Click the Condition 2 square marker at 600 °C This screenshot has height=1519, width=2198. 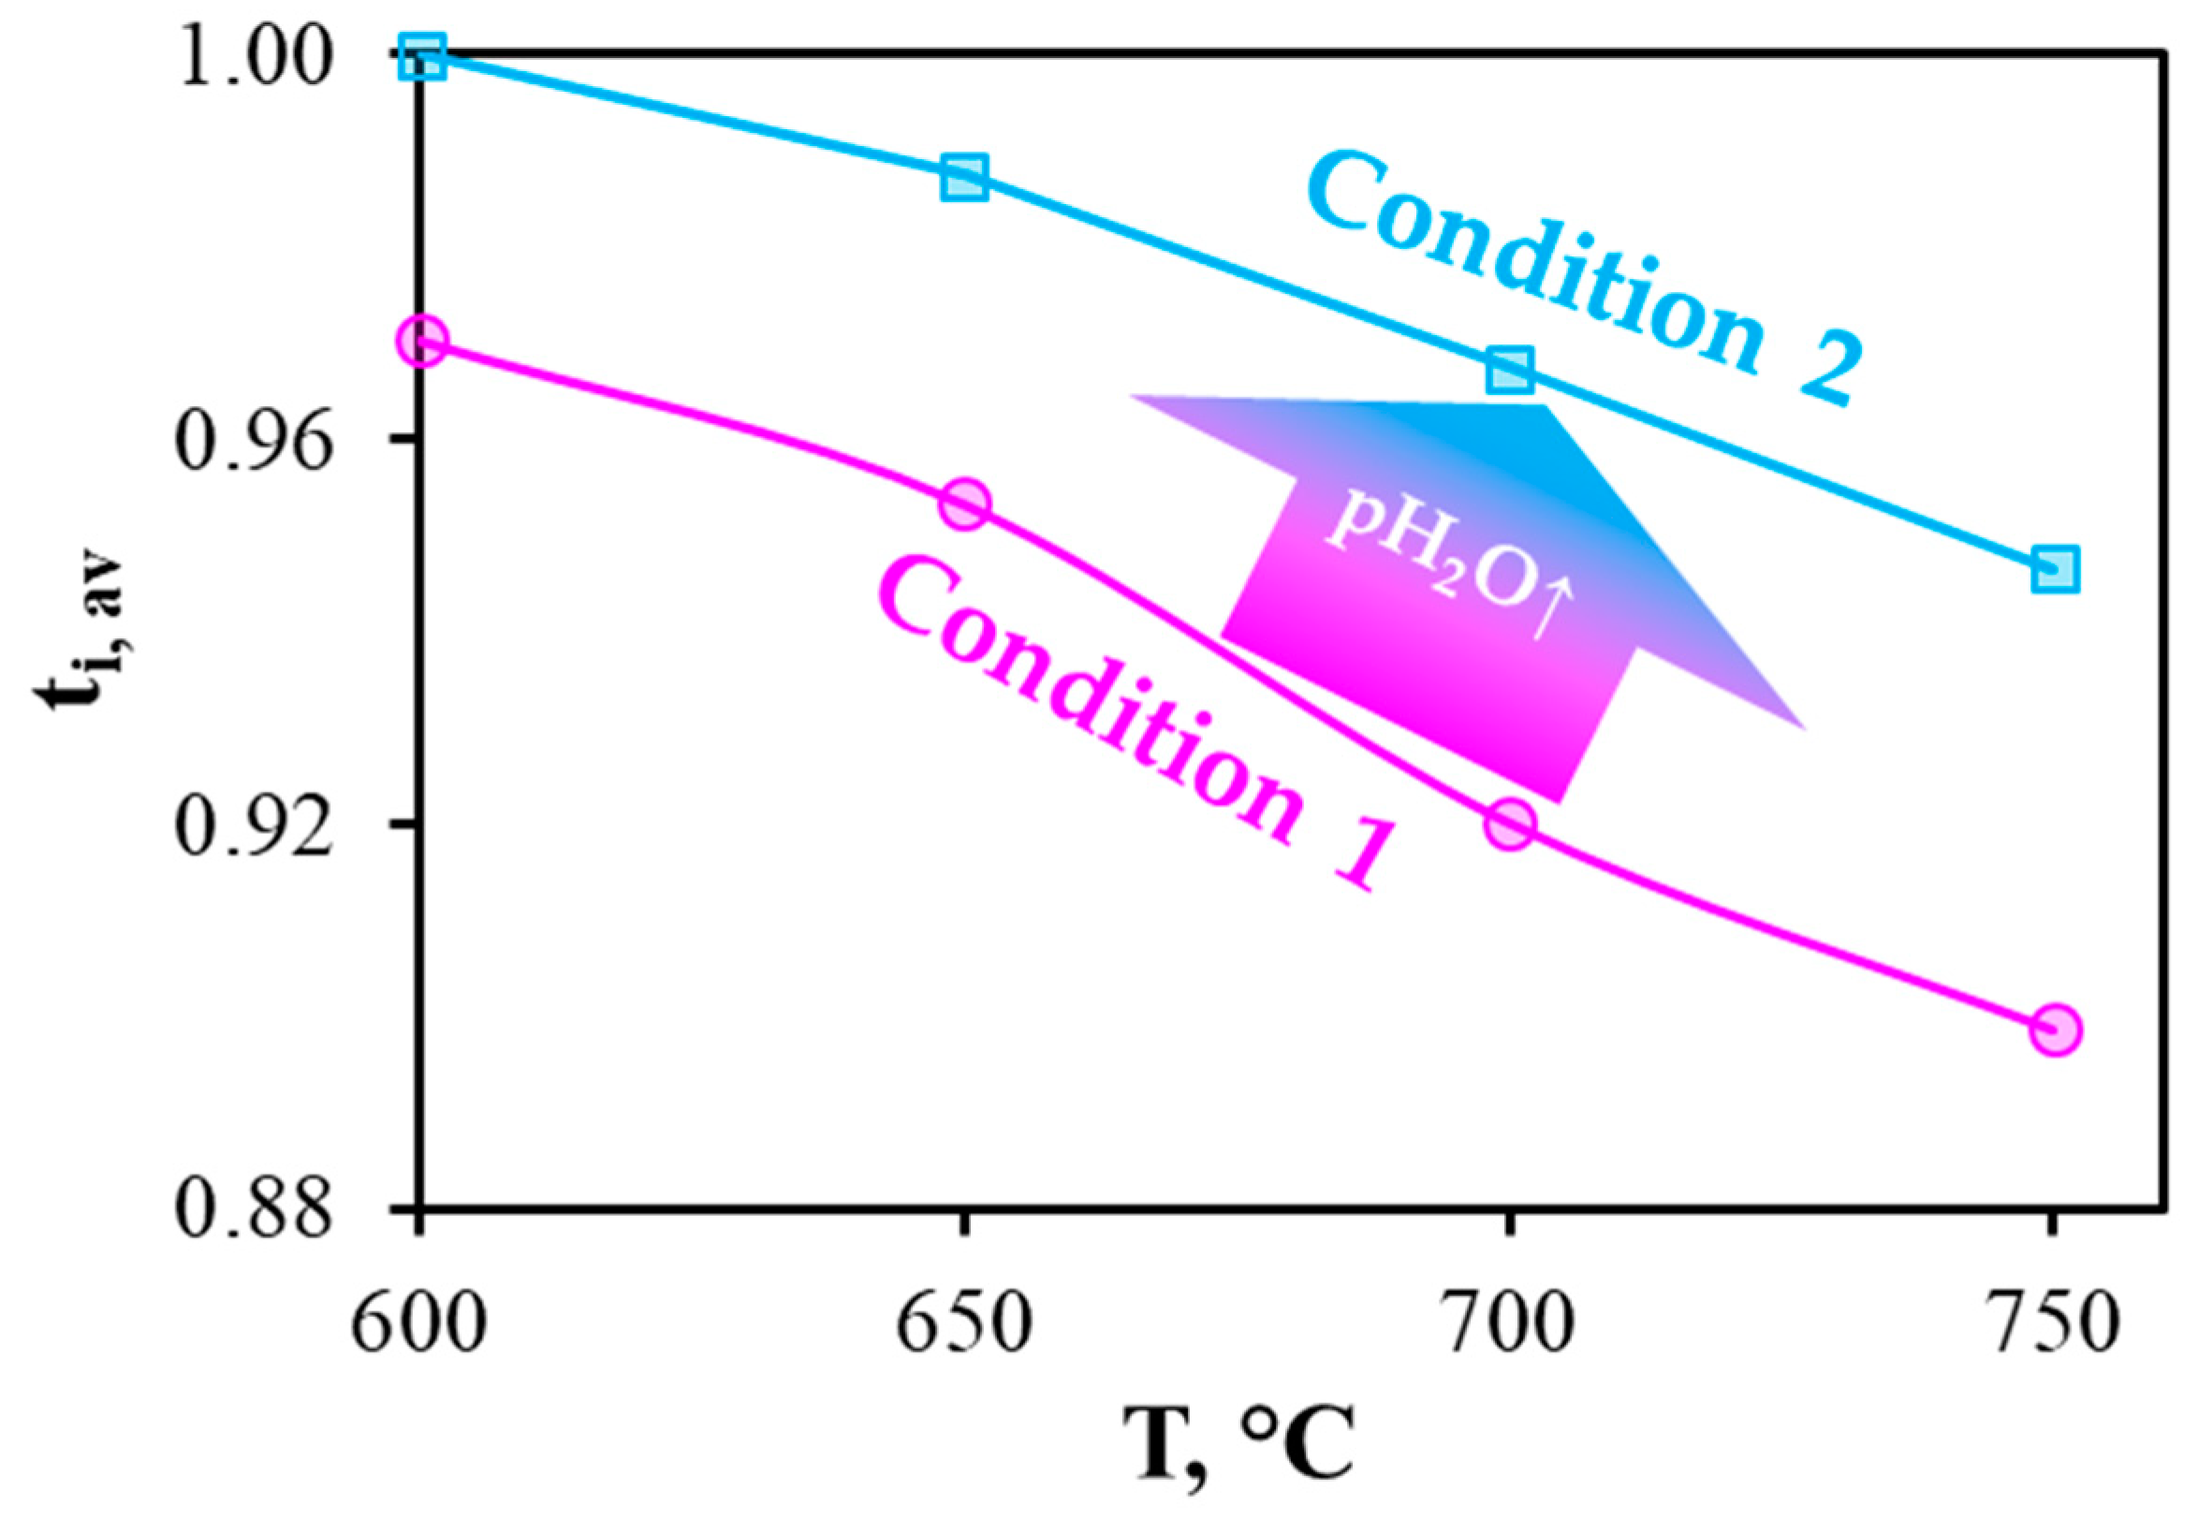pyautogui.click(x=421, y=57)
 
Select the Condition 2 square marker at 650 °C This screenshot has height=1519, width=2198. pyautogui.click(x=964, y=177)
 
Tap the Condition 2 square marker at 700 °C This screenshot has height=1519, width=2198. pyautogui.click(x=1510, y=371)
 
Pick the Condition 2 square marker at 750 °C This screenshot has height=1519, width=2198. pyautogui.click(x=2054, y=570)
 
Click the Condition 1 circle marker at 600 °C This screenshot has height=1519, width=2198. pyautogui.click(x=421, y=342)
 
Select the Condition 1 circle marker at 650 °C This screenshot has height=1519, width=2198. pyautogui.click(x=964, y=504)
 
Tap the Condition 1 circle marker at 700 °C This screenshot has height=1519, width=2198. pyautogui.click(x=1510, y=824)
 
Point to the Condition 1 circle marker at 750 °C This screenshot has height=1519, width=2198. pyautogui.click(x=2054, y=1030)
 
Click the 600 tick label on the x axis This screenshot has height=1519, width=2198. pyautogui.click(x=418, y=1324)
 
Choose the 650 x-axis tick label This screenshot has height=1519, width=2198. pyautogui.click(x=964, y=1324)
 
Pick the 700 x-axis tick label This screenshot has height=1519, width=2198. pyautogui.click(x=1510, y=1324)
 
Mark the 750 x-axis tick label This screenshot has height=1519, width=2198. pyautogui.click(x=2054, y=1324)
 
